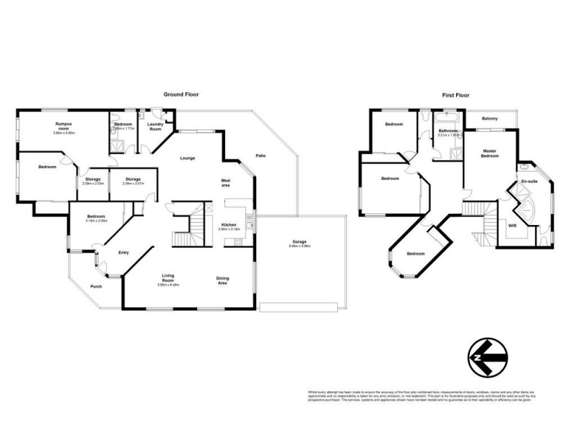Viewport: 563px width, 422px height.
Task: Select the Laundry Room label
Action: pyautogui.click(x=155, y=127)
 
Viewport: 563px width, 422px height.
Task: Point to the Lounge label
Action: pyautogui.click(x=187, y=158)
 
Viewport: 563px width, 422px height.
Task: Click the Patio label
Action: pyautogui.click(x=260, y=155)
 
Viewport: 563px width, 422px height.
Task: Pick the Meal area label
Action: pyautogui.click(x=226, y=183)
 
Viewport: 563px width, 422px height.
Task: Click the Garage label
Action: pyautogui.click(x=301, y=242)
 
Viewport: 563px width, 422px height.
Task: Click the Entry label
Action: pyautogui.click(x=124, y=252)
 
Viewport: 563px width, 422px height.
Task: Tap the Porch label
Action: pyautogui.click(x=96, y=286)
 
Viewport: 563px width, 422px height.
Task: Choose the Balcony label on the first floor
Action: pyautogui.click(x=490, y=118)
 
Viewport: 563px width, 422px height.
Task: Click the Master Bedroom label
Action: pyautogui.click(x=490, y=153)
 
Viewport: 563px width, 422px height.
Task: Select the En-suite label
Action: pyautogui.click(x=529, y=182)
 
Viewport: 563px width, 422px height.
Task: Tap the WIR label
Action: pyautogui.click(x=512, y=226)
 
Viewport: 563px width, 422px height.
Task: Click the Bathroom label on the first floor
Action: pyautogui.click(x=448, y=131)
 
